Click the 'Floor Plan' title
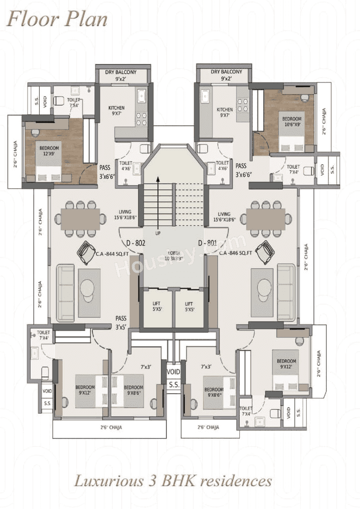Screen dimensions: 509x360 click(x=57, y=19)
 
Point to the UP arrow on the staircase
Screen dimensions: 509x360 click(x=158, y=204)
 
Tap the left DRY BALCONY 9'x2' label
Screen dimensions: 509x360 click(x=118, y=75)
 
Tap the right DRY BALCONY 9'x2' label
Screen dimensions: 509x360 click(x=226, y=75)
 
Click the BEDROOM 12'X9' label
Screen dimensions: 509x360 click(x=49, y=151)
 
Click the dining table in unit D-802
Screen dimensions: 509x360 click(x=80, y=218)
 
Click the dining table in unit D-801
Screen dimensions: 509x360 click(x=266, y=218)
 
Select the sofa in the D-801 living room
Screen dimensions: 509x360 click(x=286, y=292)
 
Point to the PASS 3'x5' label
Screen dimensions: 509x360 click(x=121, y=322)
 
